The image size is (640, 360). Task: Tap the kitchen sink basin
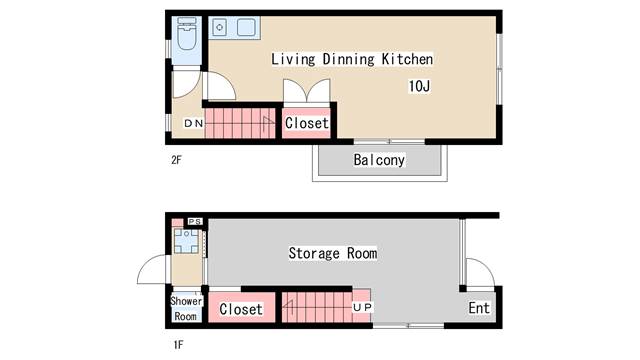click(x=246, y=27)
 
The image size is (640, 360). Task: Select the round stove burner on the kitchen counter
click(x=220, y=27)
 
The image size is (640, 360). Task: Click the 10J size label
click(x=419, y=86)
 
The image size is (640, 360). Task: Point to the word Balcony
click(x=379, y=160)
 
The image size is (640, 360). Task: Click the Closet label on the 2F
click(x=307, y=123)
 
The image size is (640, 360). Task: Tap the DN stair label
click(x=193, y=123)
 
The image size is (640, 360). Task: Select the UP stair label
click(x=362, y=307)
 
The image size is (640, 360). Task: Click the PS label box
click(x=195, y=221)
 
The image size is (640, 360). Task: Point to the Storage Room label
click(x=333, y=253)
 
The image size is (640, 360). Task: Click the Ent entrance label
click(x=479, y=308)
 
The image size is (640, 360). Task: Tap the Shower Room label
click(x=186, y=309)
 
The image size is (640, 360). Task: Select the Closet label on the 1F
click(x=241, y=309)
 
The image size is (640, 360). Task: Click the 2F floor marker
click(x=176, y=160)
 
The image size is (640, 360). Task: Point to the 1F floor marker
click(x=178, y=345)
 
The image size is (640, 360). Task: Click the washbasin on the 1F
click(x=186, y=241)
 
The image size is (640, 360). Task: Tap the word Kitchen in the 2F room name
click(x=407, y=59)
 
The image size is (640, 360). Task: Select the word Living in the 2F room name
click(x=293, y=59)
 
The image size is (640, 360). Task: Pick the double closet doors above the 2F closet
click(x=307, y=91)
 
